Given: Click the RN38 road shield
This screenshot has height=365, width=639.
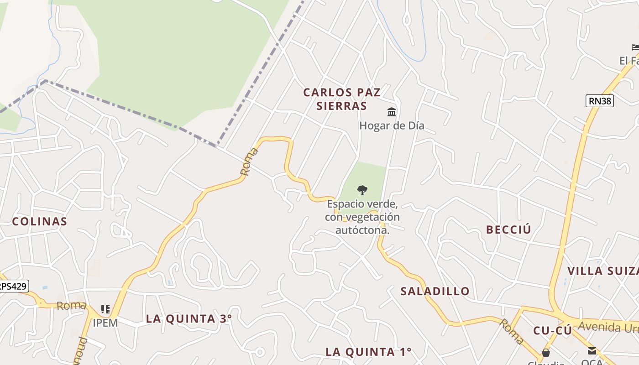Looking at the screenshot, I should (599, 101).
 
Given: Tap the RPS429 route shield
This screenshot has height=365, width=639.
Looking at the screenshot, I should (13, 287).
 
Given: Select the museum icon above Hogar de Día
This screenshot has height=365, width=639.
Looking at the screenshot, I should (392, 112).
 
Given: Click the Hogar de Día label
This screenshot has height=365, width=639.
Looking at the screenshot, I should (392, 125).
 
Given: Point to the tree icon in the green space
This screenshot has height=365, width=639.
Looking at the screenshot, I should (362, 190).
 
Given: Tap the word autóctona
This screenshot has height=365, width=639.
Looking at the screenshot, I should (362, 230).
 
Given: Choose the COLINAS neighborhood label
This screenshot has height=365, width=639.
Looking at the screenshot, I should (40, 222).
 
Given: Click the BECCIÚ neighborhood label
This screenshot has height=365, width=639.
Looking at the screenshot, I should (508, 229).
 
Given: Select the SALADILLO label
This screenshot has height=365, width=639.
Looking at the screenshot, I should (435, 291).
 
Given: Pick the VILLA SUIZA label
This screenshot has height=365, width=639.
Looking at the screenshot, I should (602, 271).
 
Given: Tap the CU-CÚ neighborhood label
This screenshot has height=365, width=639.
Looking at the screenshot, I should (552, 331).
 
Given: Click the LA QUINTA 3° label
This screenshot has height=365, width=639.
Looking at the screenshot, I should (189, 319).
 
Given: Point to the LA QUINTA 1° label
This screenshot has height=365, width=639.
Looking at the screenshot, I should (368, 352).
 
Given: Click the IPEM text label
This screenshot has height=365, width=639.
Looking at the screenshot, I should (105, 323).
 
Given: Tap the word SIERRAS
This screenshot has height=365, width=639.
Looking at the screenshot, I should (342, 106).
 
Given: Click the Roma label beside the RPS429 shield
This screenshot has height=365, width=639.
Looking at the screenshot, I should (72, 306).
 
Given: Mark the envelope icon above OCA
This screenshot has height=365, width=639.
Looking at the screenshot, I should (592, 351).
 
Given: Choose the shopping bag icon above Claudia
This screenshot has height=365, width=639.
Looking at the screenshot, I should (545, 353).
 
